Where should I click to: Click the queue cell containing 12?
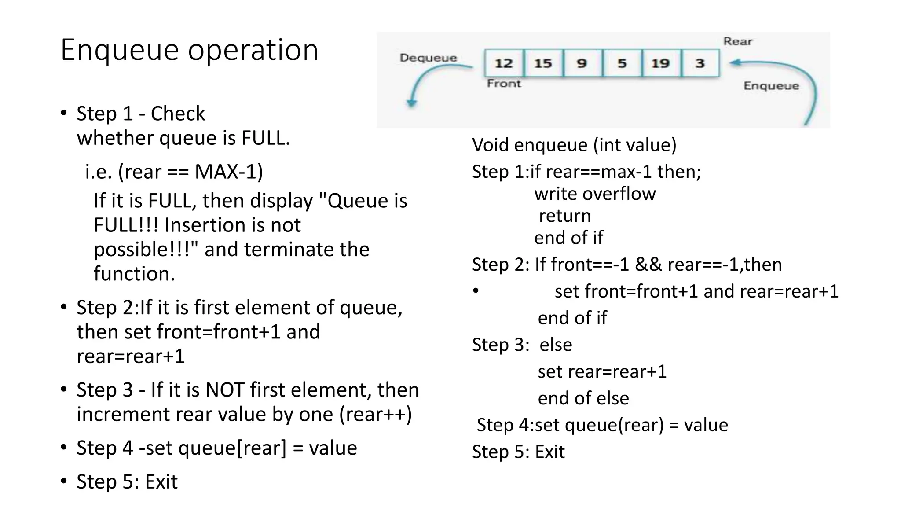(504, 63)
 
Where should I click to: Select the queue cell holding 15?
(543, 63)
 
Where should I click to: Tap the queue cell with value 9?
(582, 63)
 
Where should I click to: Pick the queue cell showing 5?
(622, 63)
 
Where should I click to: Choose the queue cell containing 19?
(660, 63)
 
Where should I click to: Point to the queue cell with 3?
(700, 63)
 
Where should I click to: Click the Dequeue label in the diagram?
(428, 58)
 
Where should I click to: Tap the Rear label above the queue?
(738, 41)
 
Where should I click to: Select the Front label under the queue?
(504, 84)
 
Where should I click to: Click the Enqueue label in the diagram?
(771, 86)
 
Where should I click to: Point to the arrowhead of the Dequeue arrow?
(411, 103)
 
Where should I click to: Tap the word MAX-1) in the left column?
(229, 172)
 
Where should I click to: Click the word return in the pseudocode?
(565, 216)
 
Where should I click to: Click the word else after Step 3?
(556, 345)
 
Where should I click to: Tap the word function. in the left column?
(134, 274)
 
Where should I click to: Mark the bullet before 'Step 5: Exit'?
(64, 481)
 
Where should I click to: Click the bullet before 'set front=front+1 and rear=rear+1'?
(476, 290)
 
